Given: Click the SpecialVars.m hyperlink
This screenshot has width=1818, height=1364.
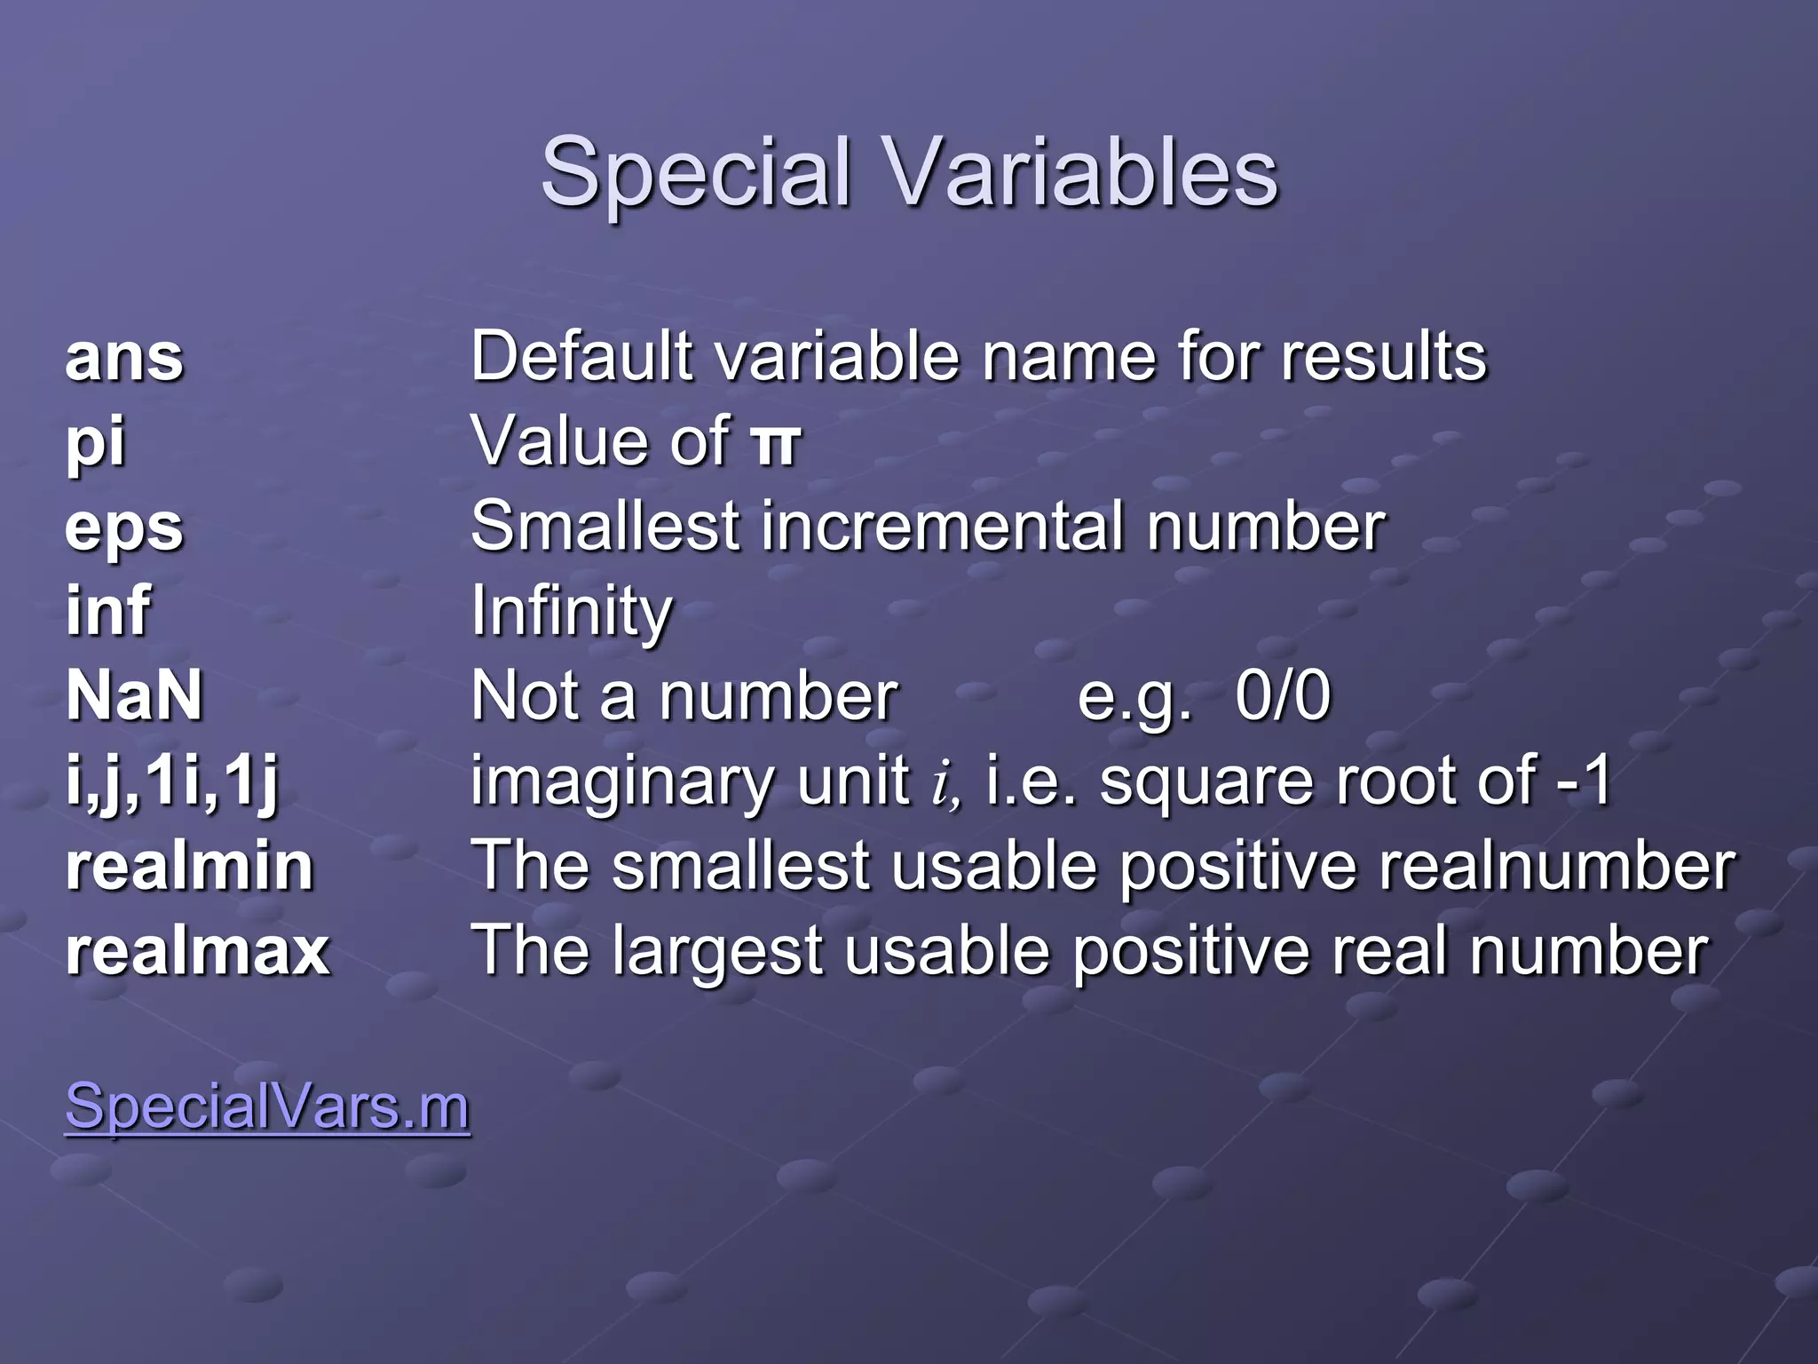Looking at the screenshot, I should (x=267, y=1106).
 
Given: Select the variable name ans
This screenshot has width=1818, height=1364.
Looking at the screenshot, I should (x=124, y=358).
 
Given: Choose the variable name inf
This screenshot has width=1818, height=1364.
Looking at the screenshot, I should (x=108, y=611).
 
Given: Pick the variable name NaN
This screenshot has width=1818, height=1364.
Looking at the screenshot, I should (x=135, y=695).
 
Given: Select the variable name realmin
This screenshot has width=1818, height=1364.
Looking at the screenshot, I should (x=190, y=866).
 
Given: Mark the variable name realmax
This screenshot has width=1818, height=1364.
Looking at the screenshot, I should (x=198, y=951).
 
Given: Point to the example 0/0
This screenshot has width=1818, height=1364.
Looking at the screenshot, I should (x=1283, y=695).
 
